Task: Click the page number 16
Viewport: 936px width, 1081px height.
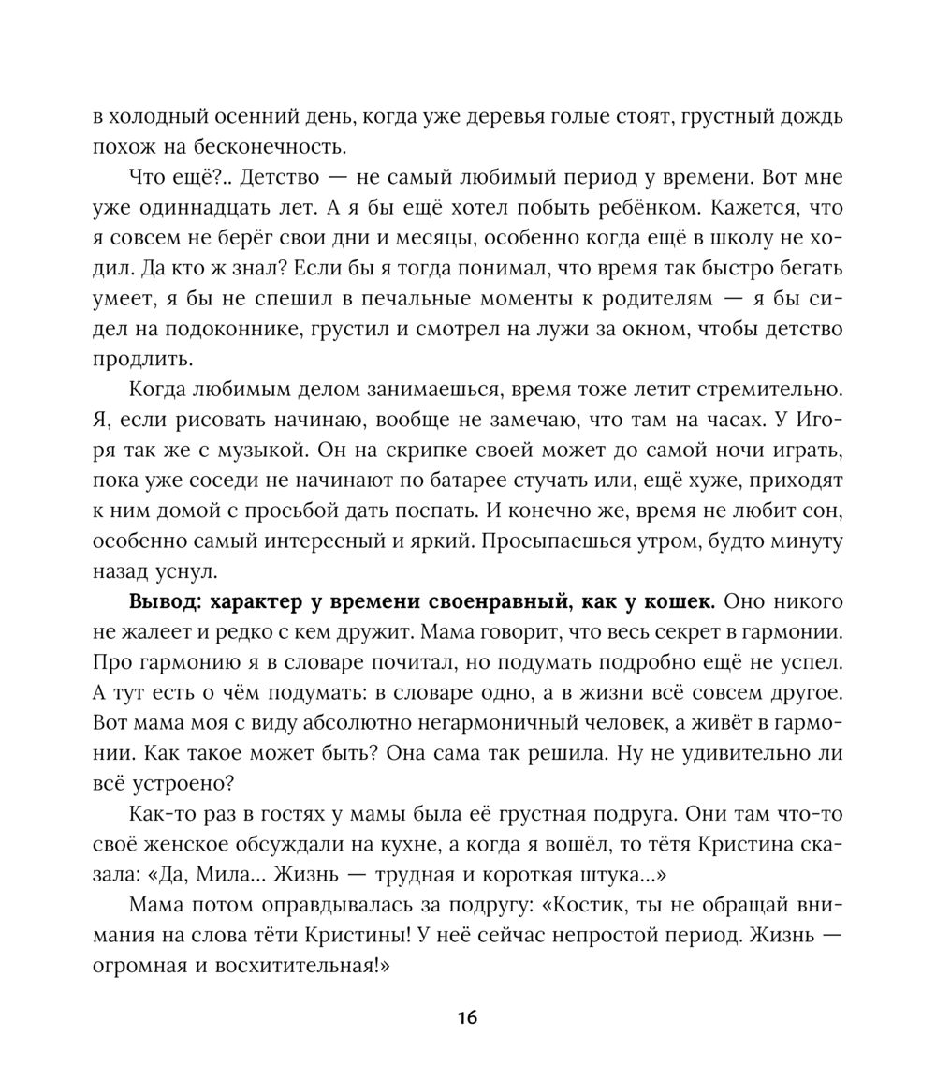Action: point(468,1017)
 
